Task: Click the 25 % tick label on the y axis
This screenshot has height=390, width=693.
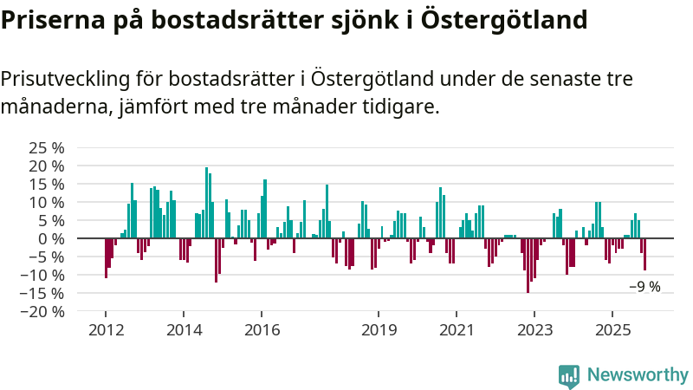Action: point(47,148)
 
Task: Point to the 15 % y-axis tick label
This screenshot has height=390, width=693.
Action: point(47,185)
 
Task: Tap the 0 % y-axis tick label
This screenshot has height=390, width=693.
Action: point(51,239)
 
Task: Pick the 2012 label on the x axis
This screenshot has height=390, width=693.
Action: point(106,330)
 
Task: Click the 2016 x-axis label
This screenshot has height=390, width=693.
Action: point(262,330)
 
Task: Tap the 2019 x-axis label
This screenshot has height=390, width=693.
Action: point(379,330)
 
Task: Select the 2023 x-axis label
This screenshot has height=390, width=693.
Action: point(534,330)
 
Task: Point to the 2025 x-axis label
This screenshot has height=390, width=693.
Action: point(612,330)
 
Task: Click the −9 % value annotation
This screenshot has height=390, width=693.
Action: point(644,287)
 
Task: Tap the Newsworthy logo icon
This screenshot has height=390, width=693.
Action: point(569,375)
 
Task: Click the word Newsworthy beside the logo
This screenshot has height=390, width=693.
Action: point(638,375)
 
